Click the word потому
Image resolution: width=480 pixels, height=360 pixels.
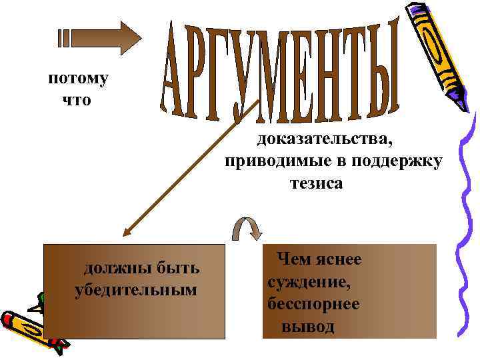[78, 79]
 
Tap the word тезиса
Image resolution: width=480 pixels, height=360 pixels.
[315, 183]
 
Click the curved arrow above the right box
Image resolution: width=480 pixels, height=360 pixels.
[246, 229]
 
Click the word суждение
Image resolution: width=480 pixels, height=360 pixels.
[308, 281]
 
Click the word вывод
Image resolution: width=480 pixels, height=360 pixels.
[308, 327]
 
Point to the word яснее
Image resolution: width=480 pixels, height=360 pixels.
[337, 259]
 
